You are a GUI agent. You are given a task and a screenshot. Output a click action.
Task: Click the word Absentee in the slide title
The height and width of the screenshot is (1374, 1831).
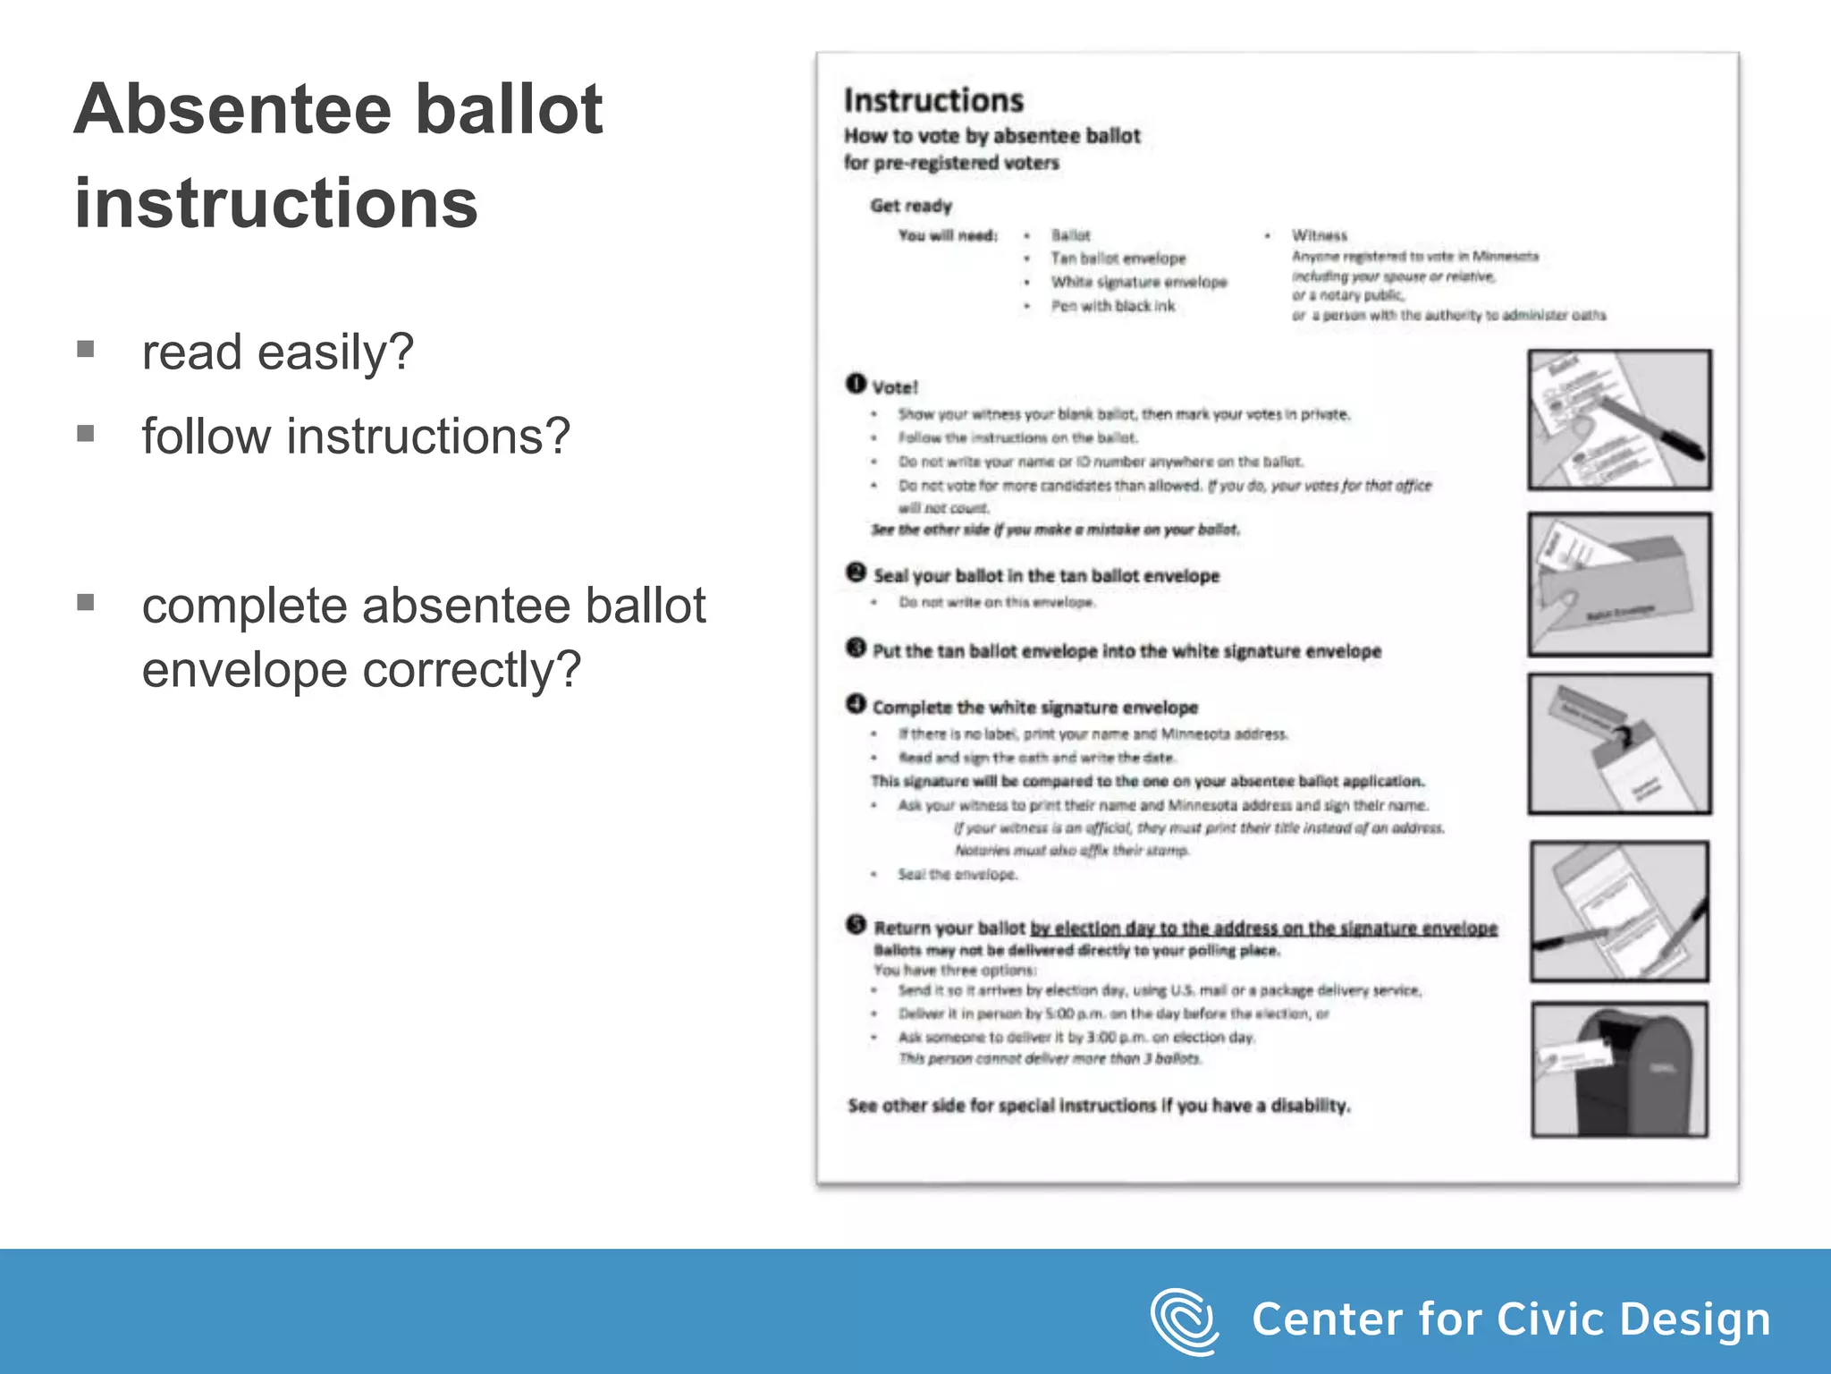233,109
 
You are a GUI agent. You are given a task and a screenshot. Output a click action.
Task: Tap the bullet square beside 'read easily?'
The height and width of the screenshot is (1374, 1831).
86,349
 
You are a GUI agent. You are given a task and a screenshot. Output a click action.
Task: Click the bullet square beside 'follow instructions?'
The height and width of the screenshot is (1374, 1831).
86,434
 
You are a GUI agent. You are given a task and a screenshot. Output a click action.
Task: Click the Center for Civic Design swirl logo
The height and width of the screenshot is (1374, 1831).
1184,1320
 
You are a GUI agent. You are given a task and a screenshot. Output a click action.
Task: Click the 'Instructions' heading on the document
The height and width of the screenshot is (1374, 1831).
933,100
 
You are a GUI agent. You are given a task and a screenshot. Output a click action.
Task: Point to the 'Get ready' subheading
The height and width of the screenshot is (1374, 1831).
911,206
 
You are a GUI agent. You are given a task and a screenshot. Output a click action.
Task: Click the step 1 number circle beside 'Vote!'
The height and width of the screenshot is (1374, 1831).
856,384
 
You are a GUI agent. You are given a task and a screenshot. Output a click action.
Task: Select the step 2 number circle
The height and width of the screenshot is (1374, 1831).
856,572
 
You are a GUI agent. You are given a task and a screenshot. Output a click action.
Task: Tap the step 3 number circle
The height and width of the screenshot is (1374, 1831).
856,648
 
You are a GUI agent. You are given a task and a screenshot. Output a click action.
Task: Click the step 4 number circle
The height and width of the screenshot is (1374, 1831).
856,705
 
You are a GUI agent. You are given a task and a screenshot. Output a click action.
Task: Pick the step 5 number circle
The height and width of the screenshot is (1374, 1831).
856,924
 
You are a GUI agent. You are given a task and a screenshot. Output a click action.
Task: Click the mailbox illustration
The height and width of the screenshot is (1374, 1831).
1619,1070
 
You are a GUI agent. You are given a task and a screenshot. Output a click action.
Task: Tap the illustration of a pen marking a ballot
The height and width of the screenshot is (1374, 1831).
1619,420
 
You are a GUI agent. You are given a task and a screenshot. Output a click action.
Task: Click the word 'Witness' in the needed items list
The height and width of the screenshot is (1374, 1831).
1319,235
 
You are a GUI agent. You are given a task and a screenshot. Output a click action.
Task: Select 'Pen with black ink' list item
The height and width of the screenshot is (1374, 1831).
1112,306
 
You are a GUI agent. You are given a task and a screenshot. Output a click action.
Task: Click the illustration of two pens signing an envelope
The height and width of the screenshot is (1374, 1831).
1619,911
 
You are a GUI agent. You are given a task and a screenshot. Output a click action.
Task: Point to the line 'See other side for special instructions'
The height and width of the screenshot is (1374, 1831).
1099,1106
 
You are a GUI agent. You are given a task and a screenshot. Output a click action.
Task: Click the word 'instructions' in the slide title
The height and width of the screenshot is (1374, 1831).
276,204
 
